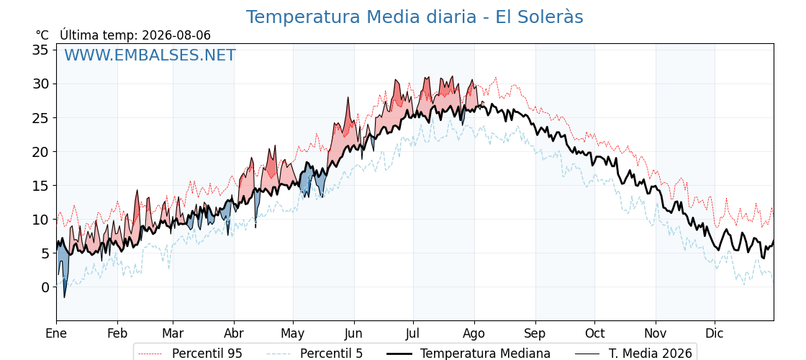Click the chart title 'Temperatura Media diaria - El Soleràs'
(x=415, y=17)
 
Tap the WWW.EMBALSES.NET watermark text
(x=150, y=55)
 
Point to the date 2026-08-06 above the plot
(x=176, y=35)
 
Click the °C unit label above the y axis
(x=42, y=35)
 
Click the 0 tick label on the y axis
(x=45, y=287)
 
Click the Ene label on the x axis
(x=56, y=334)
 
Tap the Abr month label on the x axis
(x=234, y=334)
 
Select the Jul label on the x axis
(x=413, y=334)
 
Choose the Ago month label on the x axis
(x=474, y=334)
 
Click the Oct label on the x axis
(x=594, y=334)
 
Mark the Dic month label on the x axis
(x=715, y=334)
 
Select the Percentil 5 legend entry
(x=314, y=354)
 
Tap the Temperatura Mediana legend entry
(x=468, y=354)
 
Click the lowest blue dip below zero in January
(x=64, y=297)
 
